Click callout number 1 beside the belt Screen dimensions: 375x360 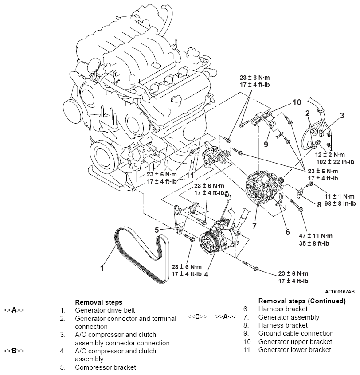click(102, 268)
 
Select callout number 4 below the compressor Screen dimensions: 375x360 click(206, 274)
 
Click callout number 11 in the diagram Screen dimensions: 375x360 click(191, 176)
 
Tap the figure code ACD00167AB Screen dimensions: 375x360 click(340, 292)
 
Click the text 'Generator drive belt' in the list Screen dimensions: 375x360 click(105, 310)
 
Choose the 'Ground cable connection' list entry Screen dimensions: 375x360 click(296, 333)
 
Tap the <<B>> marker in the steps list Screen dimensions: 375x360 click(14, 351)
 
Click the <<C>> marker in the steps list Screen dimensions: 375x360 click(197, 317)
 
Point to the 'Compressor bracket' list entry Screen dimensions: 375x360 click(105, 367)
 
